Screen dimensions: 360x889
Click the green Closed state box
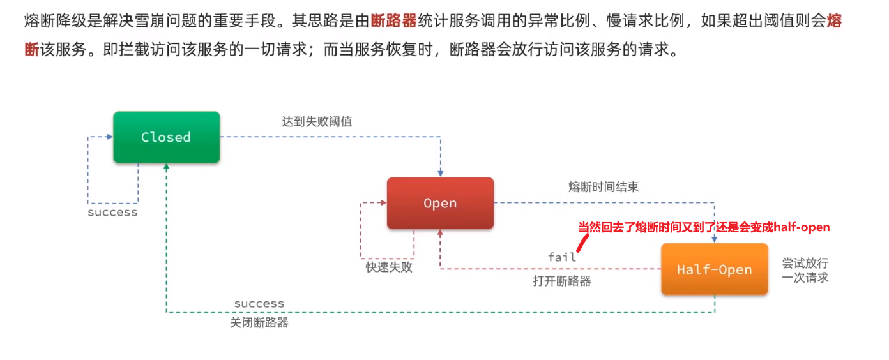[x=166, y=137]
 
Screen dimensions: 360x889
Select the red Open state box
[x=440, y=203]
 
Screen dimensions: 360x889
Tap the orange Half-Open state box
[x=714, y=269]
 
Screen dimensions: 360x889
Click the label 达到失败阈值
[x=317, y=121]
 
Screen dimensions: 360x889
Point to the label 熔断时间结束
[x=603, y=187]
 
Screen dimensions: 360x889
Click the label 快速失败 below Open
[x=389, y=267]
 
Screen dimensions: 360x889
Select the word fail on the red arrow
[x=562, y=257]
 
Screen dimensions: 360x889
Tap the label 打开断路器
[x=562, y=281]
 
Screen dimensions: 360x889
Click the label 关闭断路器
[x=259, y=323]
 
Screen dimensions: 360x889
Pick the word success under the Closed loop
[x=112, y=213]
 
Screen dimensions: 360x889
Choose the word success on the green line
[x=259, y=304]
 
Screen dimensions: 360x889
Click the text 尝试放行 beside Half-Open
[x=805, y=264]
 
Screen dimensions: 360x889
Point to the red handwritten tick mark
[x=582, y=243]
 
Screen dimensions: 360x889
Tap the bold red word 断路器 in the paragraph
[x=393, y=21]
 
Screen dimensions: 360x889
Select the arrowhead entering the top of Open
[x=440, y=173]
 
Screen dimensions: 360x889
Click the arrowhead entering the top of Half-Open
[x=714, y=239]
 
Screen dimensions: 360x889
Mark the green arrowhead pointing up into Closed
[x=166, y=167]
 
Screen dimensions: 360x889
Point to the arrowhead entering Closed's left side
[x=109, y=137]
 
